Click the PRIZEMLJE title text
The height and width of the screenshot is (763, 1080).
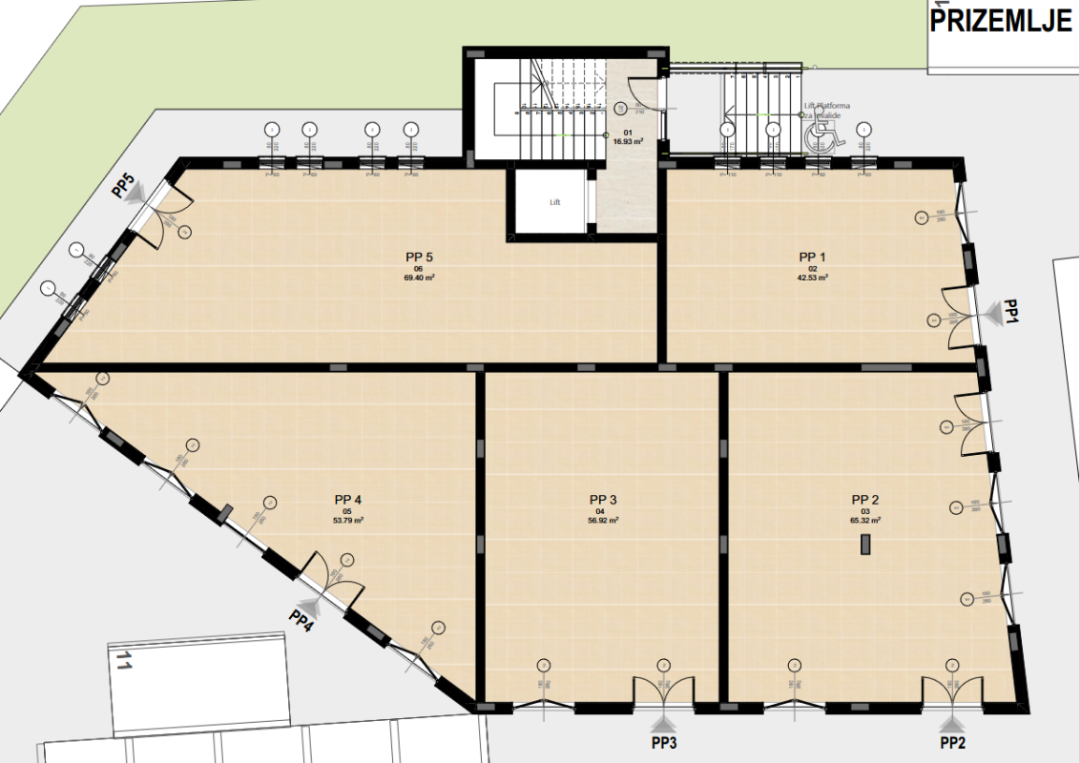pos(1002,22)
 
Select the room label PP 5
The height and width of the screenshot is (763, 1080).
pos(420,257)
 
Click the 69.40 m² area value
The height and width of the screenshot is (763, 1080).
pos(420,278)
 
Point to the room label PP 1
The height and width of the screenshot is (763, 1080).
pos(813,258)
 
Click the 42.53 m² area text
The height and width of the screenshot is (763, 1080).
pos(813,278)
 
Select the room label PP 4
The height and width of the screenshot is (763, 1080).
pos(348,499)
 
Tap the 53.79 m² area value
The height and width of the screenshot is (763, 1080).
pos(348,521)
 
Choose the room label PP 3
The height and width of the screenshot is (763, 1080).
pos(603,499)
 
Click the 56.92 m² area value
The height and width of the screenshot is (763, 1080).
pos(603,521)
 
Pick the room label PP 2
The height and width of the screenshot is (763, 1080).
pos(865,499)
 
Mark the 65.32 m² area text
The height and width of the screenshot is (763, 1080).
pos(865,521)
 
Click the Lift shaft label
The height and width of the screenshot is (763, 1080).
pos(555,202)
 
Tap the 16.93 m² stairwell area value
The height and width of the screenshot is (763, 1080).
pos(628,141)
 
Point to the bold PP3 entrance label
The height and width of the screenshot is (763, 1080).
pos(665,743)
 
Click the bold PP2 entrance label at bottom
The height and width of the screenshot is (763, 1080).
pos(953,743)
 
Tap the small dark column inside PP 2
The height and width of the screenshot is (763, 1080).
pos(865,545)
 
